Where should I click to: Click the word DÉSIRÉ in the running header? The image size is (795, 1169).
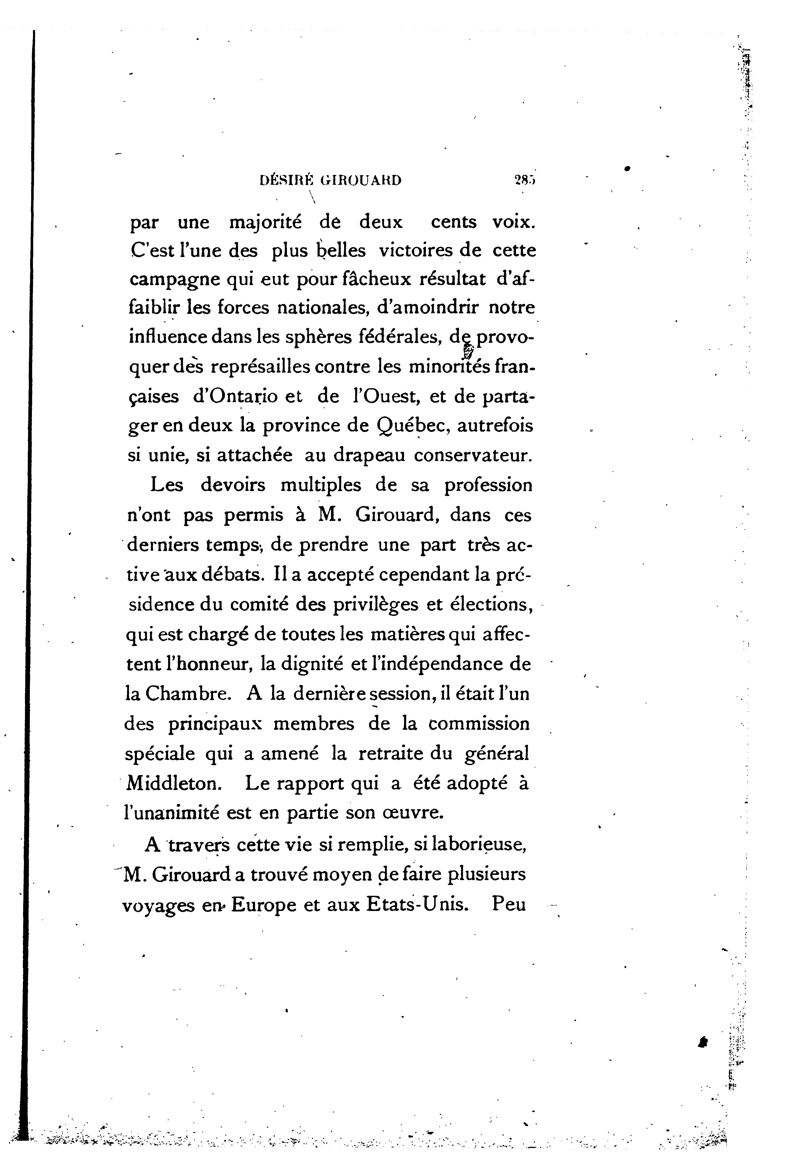point(285,180)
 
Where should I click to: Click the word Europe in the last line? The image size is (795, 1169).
point(264,905)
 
